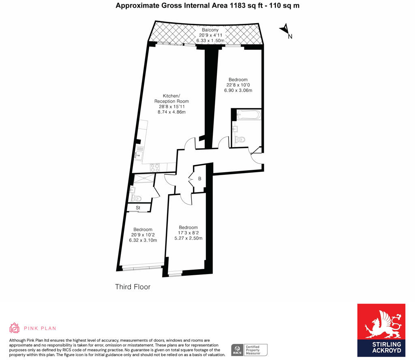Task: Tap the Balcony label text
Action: coord(210,30)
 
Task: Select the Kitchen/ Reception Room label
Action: coord(171,99)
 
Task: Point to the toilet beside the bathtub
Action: coord(240,140)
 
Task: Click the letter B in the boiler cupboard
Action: coord(199,178)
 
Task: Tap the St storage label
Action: coord(138,208)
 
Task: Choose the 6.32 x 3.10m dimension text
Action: coord(143,240)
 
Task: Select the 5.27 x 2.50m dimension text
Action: coord(188,238)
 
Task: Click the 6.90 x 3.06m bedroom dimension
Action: coord(238,90)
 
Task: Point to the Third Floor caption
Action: coord(133,287)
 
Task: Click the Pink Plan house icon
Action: coord(15,328)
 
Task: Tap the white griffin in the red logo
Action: coord(381,324)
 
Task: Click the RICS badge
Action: coord(237,349)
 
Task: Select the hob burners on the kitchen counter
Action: coord(155,166)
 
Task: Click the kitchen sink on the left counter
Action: coord(139,152)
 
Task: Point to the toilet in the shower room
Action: coord(136,198)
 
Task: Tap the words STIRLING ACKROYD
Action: coord(381,347)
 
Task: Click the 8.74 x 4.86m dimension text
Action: coord(171,112)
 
